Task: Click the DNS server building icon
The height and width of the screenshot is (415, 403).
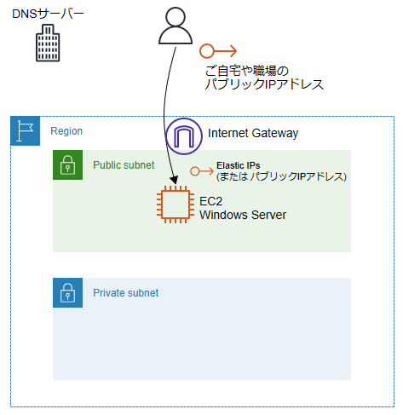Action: click(x=48, y=43)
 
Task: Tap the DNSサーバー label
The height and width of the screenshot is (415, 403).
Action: click(x=48, y=14)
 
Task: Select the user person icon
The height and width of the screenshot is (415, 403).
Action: click(x=176, y=26)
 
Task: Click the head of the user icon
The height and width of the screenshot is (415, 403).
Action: click(x=176, y=17)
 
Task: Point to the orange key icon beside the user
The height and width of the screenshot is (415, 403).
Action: click(x=218, y=51)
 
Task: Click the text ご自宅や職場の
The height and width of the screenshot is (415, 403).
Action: click(x=247, y=71)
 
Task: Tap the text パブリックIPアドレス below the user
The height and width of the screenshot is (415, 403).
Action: click(x=264, y=84)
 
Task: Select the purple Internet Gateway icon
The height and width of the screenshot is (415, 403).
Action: click(x=184, y=136)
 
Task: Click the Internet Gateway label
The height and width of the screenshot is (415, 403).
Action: click(x=253, y=133)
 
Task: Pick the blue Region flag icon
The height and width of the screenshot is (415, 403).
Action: click(x=26, y=130)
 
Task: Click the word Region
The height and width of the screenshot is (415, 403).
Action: click(x=66, y=131)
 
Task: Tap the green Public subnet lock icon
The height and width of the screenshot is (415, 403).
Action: click(x=68, y=165)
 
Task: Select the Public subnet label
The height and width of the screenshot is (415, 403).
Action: click(x=124, y=165)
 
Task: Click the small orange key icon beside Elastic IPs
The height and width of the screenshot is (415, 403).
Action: click(x=202, y=171)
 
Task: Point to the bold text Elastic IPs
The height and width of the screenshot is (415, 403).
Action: click(x=239, y=165)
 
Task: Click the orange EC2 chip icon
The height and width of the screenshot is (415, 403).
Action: click(x=176, y=205)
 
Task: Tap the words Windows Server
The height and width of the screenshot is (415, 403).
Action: click(x=243, y=215)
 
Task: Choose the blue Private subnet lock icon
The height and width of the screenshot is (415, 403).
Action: click(x=68, y=293)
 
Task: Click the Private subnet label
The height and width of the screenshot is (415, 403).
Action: click(x=126, y=293)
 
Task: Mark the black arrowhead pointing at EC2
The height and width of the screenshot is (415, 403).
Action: click(x=174, y=180)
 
